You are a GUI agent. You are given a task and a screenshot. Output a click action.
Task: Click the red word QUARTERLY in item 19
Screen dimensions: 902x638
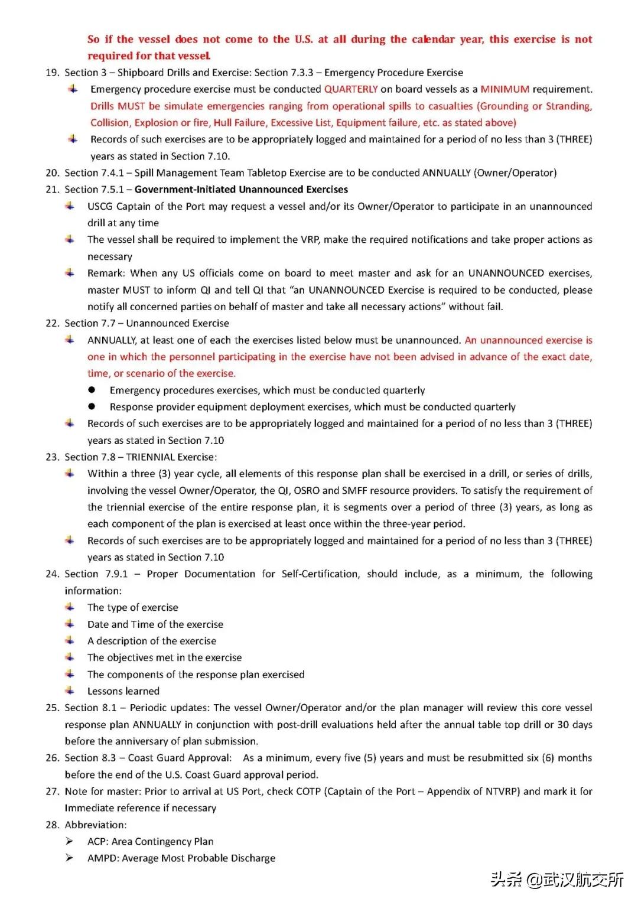tap(351, 89)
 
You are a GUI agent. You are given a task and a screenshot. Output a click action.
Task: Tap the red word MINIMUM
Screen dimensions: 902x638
tap(504, 89)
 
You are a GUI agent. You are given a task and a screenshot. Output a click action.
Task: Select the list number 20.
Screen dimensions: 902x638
tap(52, 173)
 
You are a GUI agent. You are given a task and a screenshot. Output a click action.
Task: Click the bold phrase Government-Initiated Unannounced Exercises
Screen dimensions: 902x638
tap(241, 190)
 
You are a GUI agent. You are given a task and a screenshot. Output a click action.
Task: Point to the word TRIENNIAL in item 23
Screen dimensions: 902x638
tap(150, 457)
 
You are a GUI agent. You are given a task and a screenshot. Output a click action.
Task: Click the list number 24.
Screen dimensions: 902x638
tap(52, 574)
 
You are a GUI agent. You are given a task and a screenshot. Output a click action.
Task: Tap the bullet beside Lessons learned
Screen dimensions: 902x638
tap(70, 691)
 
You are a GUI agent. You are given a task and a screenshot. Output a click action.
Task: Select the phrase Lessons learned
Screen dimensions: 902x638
tap(123, 691)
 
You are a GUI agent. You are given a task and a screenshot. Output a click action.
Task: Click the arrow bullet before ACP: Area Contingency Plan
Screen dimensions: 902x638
tap(70, 841)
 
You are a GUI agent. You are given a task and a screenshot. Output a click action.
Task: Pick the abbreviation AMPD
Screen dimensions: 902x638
tap(102, 858)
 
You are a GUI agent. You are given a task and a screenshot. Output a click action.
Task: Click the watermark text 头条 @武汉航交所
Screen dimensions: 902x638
tap(556, 880)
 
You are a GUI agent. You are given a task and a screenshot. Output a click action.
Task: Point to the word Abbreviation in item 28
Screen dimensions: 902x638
tap(95, 825)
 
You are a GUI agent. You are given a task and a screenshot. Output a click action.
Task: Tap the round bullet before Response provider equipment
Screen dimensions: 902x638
tap(92, 406)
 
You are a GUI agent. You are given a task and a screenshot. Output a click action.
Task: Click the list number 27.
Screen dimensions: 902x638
tap(52, 792)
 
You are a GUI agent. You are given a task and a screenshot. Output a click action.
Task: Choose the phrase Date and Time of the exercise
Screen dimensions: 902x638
tap(155, 624)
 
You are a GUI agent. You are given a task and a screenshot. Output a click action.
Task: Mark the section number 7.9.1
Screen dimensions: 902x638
tap(116, 574)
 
